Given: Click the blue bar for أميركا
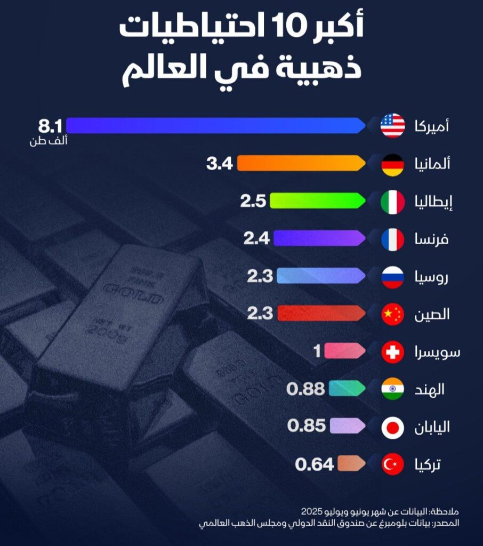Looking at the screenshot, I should coord(213,126).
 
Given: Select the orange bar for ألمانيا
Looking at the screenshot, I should coord(301,163).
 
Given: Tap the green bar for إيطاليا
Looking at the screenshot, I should coord(317,201).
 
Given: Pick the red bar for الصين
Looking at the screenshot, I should coord(320,314).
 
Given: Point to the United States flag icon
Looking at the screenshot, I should coord(393,126).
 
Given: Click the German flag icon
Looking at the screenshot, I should coord(393,164).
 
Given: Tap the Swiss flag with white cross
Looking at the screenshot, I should coord(393,352).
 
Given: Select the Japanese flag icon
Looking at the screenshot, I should coord(393,427).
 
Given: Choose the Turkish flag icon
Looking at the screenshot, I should coord(393,465).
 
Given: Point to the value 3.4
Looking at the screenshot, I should coord(220,163).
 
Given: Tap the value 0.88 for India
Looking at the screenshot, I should coord(305,389).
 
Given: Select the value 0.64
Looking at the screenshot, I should coord(315,464).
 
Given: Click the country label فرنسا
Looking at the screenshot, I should coord(431,239).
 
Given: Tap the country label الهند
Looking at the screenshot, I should coord(432,389).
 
